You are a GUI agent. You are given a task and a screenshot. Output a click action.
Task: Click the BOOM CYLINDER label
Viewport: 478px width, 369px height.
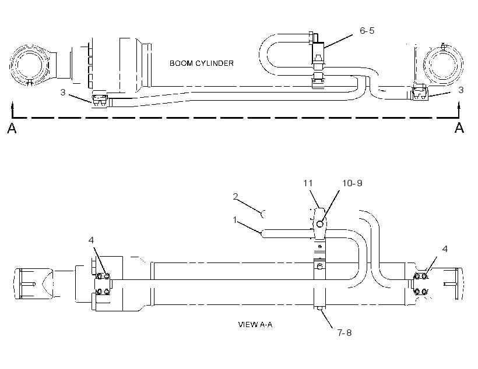[202, 63]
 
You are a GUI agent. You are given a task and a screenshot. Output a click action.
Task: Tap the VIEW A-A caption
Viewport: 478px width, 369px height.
[255, 325]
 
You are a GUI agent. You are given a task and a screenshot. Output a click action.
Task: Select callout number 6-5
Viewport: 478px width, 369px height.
[367, 31]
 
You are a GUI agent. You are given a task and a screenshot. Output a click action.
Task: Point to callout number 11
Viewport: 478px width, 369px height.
[308, 183]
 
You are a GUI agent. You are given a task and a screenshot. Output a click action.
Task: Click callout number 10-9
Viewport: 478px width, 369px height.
[352, 183]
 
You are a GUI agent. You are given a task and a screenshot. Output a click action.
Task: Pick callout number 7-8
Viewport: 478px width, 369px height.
[345, 333]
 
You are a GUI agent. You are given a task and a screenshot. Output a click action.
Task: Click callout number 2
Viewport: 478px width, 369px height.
[235, 197]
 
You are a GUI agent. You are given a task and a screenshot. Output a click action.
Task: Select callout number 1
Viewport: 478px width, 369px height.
[235, 220]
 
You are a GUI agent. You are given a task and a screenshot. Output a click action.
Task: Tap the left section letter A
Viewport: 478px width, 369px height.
[12, 128]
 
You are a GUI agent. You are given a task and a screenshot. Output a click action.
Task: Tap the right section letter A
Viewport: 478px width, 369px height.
[459, 127]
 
